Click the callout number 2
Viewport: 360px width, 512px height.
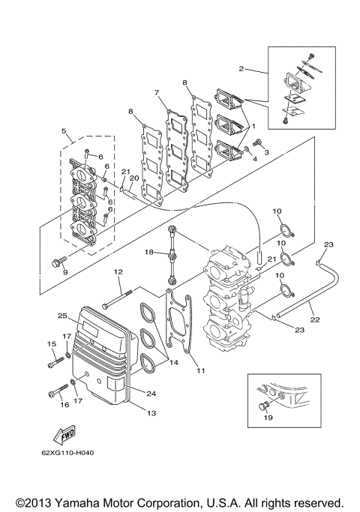tap(241, 68)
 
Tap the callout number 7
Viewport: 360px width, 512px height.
tap(157, 92)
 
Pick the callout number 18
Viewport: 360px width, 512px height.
tap(149, 253)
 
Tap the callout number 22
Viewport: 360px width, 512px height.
tap(314, 320)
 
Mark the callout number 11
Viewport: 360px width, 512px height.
tap(200, 370)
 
